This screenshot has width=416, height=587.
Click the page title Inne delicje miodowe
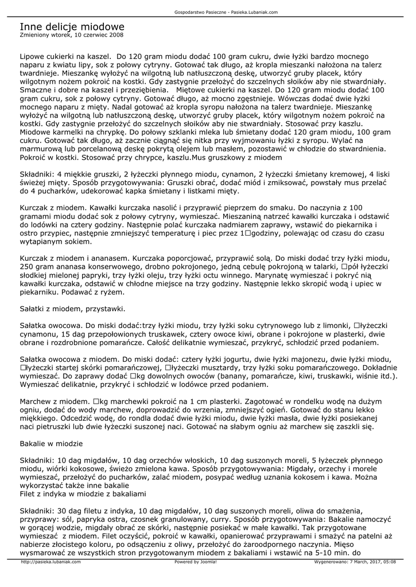[72, 27]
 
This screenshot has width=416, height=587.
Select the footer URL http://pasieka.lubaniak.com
[50, 562]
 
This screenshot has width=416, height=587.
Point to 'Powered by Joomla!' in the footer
[195, 562]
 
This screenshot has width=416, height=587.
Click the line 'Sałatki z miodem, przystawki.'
[72, 309]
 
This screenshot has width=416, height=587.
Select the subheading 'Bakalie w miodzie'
[51, 443]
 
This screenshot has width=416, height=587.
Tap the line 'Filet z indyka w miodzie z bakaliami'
[83, 494]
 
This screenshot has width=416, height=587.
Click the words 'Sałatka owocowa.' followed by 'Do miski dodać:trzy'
[52, 326]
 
